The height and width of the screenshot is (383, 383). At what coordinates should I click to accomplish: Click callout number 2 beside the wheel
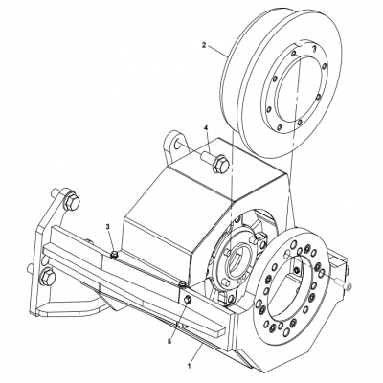[204, 45]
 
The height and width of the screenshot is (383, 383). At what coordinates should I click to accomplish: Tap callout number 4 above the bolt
[204, 127]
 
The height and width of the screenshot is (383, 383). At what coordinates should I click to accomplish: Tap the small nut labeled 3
[113, 254]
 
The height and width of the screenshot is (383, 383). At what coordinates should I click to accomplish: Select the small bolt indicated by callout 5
[188, 300]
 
